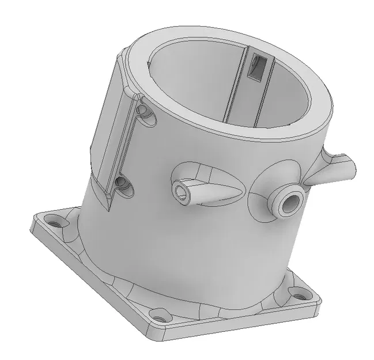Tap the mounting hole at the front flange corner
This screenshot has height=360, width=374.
coord(160,316)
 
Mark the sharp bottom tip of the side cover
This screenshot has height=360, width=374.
coord(108,209)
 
